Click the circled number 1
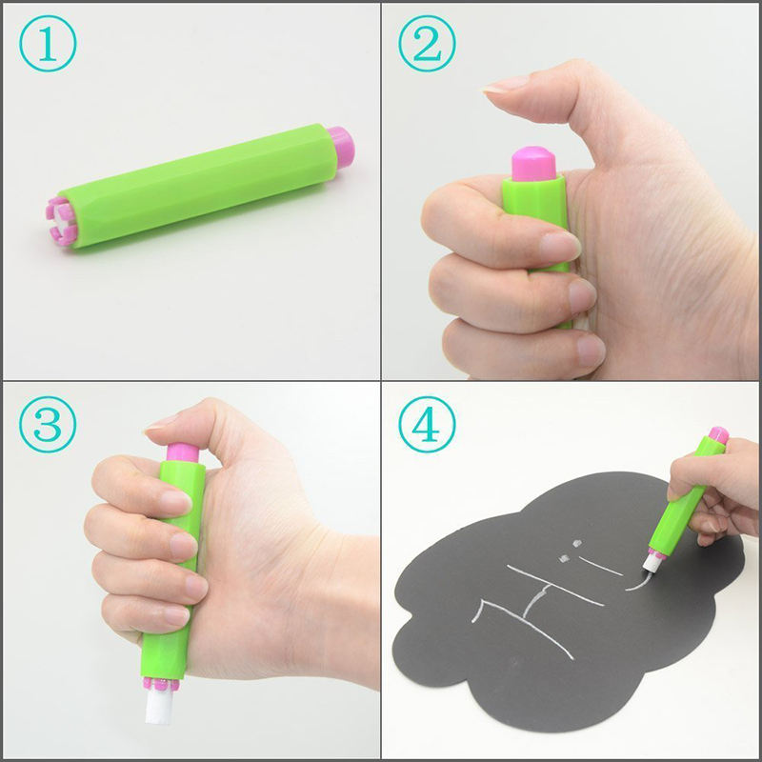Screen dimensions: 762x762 coord(48,44)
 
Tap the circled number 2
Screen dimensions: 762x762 coord(427,44)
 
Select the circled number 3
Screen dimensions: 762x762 coord(48,425)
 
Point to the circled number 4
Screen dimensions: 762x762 coord(427,425)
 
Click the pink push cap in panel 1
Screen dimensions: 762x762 coord(341,148)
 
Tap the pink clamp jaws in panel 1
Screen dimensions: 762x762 coord(60,221)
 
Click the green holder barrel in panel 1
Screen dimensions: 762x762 coord(198,186)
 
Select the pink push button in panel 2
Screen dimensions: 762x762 coord(533,164)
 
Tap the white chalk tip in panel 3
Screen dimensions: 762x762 coord(158,706)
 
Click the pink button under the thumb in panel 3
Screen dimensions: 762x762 coord(183,452)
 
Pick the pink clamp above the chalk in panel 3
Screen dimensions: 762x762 coord(161,684)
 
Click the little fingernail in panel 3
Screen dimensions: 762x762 coord(176,615)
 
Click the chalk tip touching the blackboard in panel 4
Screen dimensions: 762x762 coord(652,564)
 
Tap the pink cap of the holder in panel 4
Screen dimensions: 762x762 coord(718,435)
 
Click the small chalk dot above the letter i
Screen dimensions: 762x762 coord(576,542)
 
